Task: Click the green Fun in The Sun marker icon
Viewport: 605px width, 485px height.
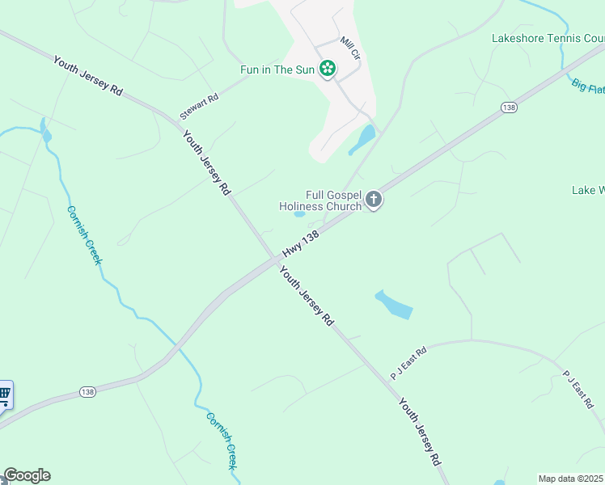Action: click(327, 69)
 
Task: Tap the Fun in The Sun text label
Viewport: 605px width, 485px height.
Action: click(277, 70)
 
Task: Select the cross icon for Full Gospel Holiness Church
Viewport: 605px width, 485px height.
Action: click(373, 200)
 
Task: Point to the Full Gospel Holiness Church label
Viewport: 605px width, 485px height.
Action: click(320, 200)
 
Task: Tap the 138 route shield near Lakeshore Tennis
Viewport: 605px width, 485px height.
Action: click(509, 107)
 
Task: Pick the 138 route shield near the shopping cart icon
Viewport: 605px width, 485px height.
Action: click(88, 391)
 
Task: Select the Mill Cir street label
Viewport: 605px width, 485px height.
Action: click(349, 48)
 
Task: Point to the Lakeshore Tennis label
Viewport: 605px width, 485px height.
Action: click(548, 38)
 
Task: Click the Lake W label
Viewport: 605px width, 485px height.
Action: click(588, 191)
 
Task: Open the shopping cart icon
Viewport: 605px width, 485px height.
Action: click(4, 396)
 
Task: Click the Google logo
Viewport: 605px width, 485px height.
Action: click(27, 475)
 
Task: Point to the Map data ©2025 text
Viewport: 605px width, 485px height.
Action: click(571, 479)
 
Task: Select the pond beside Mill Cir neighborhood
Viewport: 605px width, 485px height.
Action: click(362, 140)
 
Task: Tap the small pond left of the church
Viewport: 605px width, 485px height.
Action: click(299, 214)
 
